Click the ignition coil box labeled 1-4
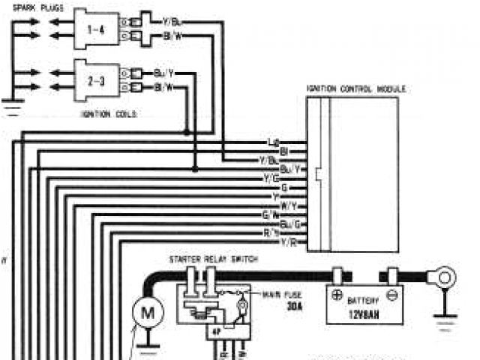(x=96, y=29)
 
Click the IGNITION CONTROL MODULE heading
(x=356, y=88)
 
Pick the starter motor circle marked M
(x=148, y=313)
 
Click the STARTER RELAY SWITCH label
(x=214, y=259)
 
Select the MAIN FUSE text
(x=278, y=294)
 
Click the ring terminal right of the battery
(x=445, y=278)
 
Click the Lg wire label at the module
(x=273, y=142)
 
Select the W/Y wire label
(x=286, y=205)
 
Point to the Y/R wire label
(x=287, y=243)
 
